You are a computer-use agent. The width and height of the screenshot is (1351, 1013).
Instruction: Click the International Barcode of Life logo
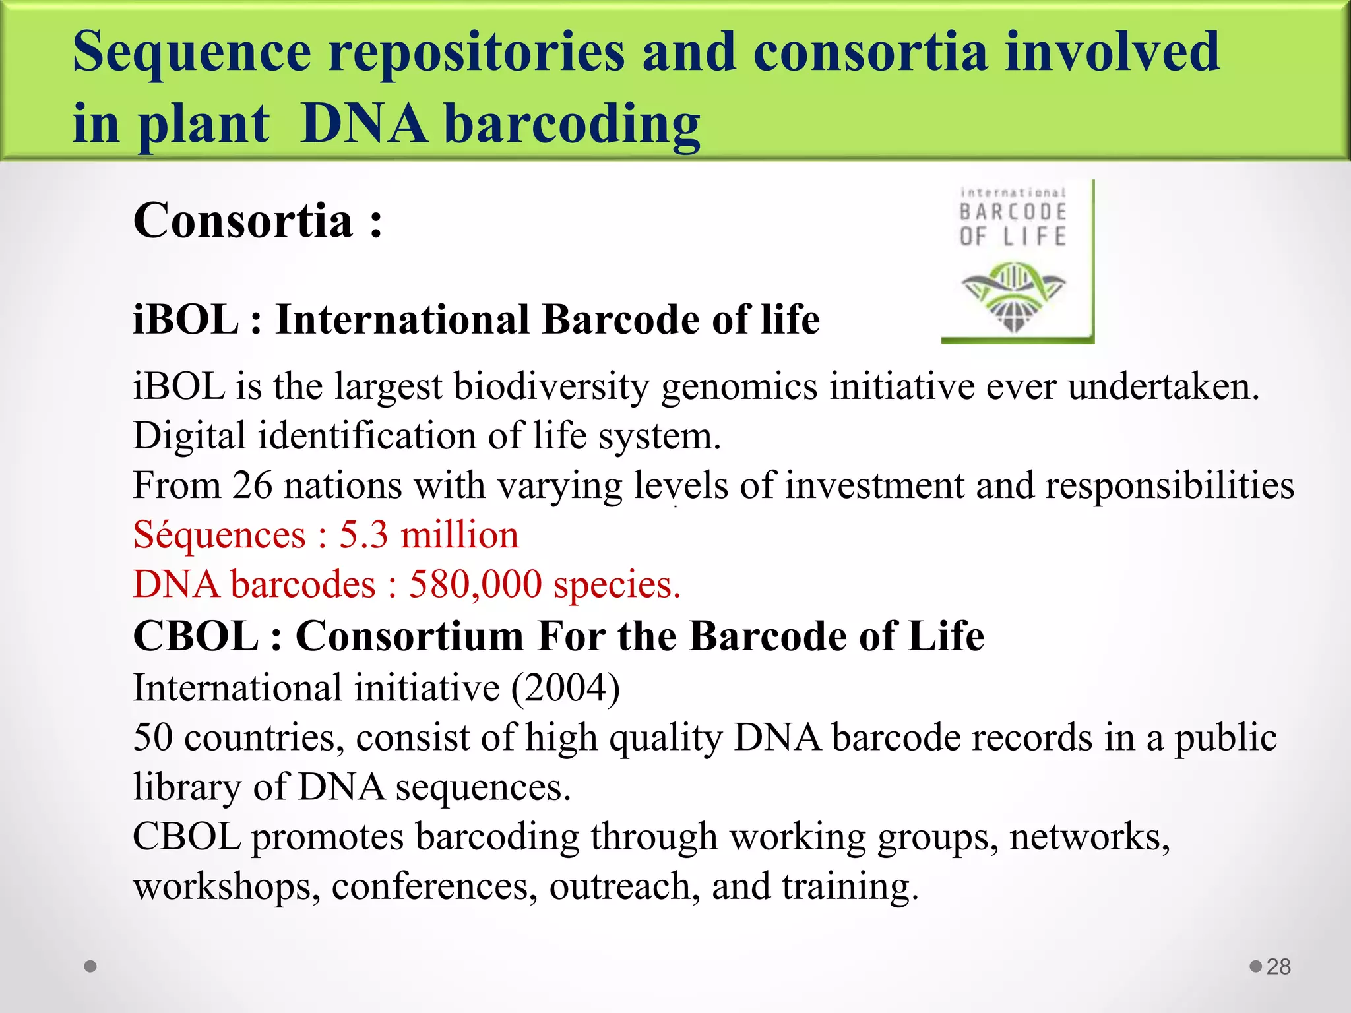[x=1017, y=262]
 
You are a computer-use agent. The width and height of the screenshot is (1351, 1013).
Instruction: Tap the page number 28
[x=1278, y=967]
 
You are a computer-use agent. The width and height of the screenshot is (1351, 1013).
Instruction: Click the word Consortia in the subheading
[x=243, y=221]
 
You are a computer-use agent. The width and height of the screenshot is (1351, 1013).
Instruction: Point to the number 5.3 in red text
[x=363, y=535]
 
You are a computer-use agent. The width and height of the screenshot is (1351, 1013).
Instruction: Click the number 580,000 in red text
[x=475, y=584]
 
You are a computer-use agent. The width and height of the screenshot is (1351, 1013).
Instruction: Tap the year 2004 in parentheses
[x=565, y=688]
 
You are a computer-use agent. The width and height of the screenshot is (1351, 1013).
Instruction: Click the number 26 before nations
[x=251, y=485]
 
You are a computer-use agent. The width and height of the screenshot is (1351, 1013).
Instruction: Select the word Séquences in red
[x=219, y=535]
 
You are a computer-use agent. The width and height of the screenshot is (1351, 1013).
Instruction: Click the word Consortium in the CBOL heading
[x=409, y=636]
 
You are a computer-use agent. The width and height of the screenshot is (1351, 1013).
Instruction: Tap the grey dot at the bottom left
[x=91, y=966]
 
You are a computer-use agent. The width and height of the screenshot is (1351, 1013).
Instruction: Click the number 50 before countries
[x=152, y=737]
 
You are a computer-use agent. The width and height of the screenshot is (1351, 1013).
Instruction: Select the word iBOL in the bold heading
[x=185, y=320]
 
